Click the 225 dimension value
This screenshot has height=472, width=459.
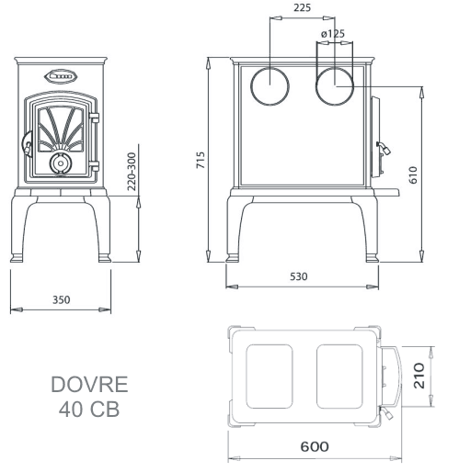[300, 9]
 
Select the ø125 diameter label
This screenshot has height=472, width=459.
[332, 35]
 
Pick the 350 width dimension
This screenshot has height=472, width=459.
[61, 300]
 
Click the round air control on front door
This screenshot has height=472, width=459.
[61, 163]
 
